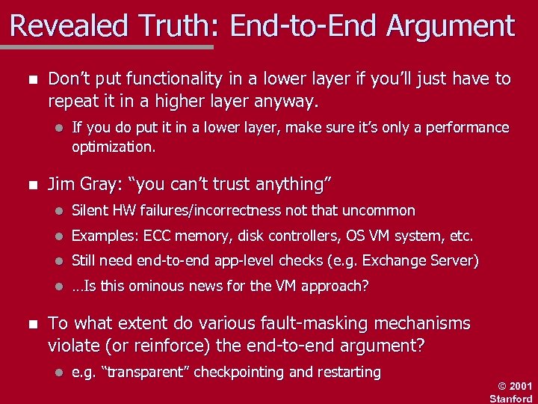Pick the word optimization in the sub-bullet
coord(113,147)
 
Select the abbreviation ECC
coord(158,236)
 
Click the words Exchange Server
coord(428,260)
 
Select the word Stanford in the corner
coord(511,398)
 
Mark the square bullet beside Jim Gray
coord(30,184)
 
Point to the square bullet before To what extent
coord(30,324)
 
